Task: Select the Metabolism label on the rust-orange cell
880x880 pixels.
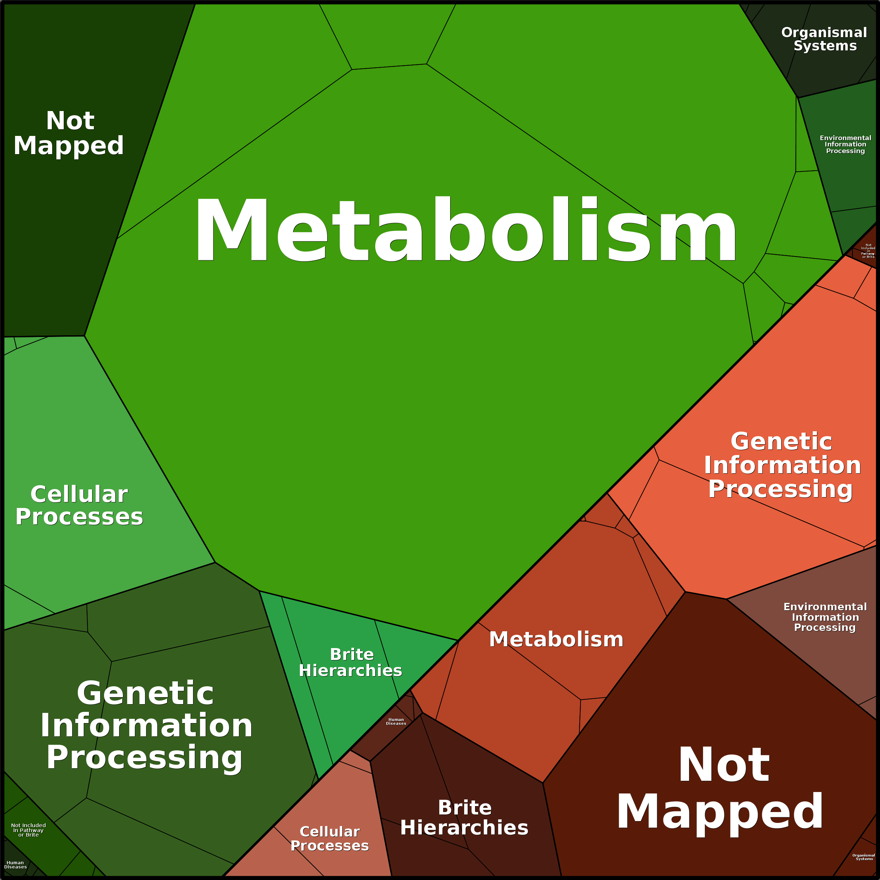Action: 556,639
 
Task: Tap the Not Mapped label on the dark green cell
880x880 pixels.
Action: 69,133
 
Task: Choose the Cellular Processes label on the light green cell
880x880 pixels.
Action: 79,505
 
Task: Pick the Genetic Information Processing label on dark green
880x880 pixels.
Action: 146,725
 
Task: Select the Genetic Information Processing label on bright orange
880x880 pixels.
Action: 782,465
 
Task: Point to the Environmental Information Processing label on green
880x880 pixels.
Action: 845,144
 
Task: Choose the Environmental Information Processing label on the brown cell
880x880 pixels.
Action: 825,617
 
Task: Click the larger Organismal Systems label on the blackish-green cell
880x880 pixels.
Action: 824,39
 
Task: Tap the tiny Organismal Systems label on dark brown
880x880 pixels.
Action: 864,857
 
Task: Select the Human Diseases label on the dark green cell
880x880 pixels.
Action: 15,865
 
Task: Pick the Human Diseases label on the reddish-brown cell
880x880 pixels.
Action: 396,722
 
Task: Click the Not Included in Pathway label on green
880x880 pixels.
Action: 28,830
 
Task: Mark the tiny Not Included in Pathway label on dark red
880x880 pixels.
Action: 868,251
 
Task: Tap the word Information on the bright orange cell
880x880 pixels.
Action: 782,465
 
